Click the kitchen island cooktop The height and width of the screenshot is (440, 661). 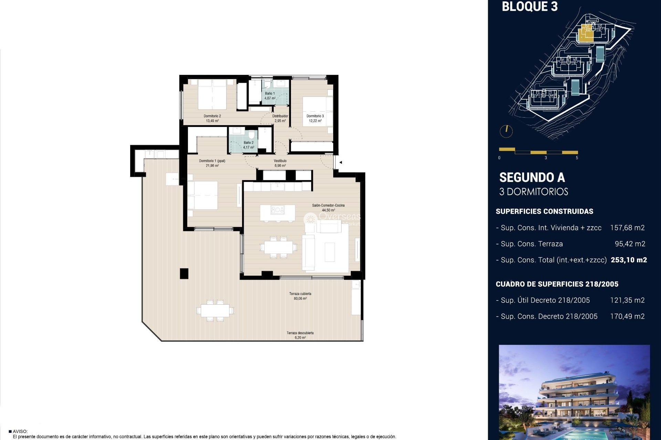(277, 210)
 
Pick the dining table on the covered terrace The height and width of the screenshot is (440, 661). (216, 311)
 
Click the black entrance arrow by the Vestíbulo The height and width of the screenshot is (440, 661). (340, 162)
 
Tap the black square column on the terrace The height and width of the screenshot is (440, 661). (184, 273)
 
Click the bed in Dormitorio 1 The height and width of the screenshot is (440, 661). (202, 195)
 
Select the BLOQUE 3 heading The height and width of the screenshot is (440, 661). (529, 7)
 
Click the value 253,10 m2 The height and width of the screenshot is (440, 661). (629, 260)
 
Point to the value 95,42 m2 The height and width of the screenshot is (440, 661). (630, 244)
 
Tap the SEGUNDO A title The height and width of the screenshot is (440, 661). (532, 177)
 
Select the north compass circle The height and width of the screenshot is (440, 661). (506, 131)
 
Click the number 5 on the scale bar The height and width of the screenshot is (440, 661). (577, 158)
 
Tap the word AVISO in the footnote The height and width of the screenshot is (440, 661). (20, 431)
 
